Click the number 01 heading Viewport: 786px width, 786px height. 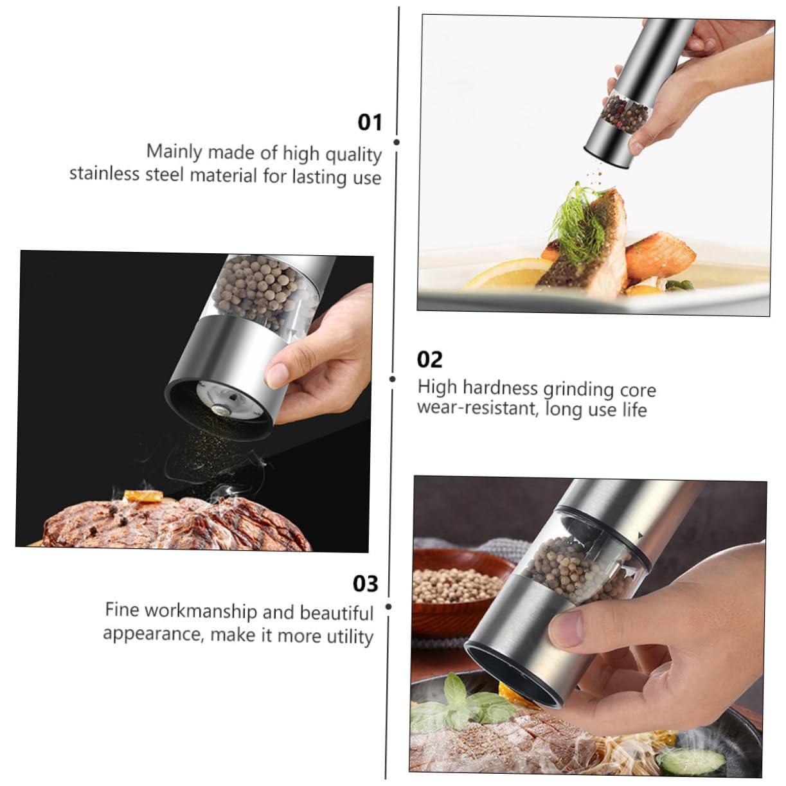click(x=370, y=122)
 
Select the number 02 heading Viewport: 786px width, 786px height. click(x=429, y=359)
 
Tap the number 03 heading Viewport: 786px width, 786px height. click(x=365, y=584)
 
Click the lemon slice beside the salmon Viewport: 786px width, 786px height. click(x=505, y=274)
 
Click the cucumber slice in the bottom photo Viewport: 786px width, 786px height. click(x=692, y=762)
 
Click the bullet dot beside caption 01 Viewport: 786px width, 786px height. click(x=397, y=142)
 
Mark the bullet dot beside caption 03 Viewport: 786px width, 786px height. click(x=388, y=607)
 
